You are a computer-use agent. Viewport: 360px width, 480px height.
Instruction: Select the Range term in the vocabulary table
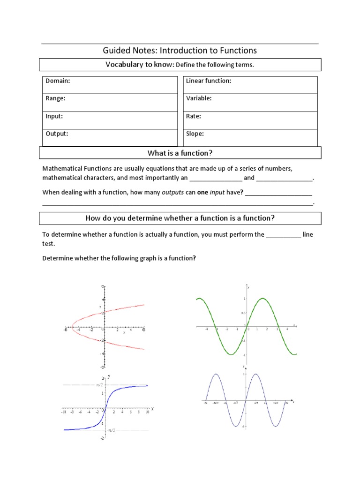tap(55, 98)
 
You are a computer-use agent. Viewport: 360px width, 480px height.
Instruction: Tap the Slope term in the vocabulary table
tap(195, 134)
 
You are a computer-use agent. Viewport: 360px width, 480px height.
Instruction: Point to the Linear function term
tap(209, 81)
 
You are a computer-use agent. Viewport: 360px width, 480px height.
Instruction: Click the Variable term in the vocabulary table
tap(199, 98)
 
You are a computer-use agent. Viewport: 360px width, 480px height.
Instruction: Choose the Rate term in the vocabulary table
tap(194, 116)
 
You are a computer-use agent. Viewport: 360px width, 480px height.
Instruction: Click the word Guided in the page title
tap(117, 51)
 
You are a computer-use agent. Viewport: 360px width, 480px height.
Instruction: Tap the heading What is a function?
tap(180, 153)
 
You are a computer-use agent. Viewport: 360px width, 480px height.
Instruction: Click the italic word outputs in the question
tap(172, 192)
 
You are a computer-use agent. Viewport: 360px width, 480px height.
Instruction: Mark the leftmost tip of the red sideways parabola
tap(71, 326)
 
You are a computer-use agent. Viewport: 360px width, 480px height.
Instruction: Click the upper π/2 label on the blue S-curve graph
tap(99, 384)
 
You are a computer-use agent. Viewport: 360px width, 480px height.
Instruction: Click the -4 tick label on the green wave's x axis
tap(206, 329)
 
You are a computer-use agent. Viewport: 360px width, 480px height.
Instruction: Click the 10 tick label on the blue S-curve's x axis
tap(147, 412)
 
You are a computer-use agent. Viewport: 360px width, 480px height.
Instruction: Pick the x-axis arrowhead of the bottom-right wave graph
tap(293, 402)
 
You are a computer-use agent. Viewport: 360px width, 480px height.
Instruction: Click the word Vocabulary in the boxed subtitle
tap(123, 65)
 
